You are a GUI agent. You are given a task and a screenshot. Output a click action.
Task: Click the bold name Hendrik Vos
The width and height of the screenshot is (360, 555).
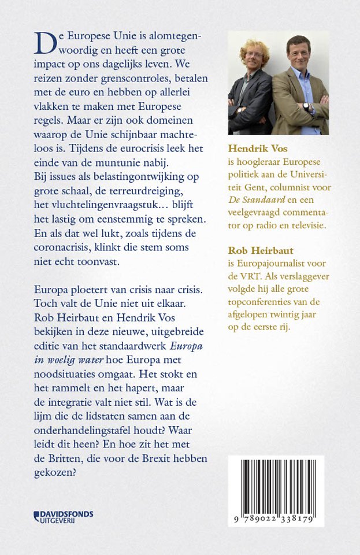[x=255, y=149]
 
